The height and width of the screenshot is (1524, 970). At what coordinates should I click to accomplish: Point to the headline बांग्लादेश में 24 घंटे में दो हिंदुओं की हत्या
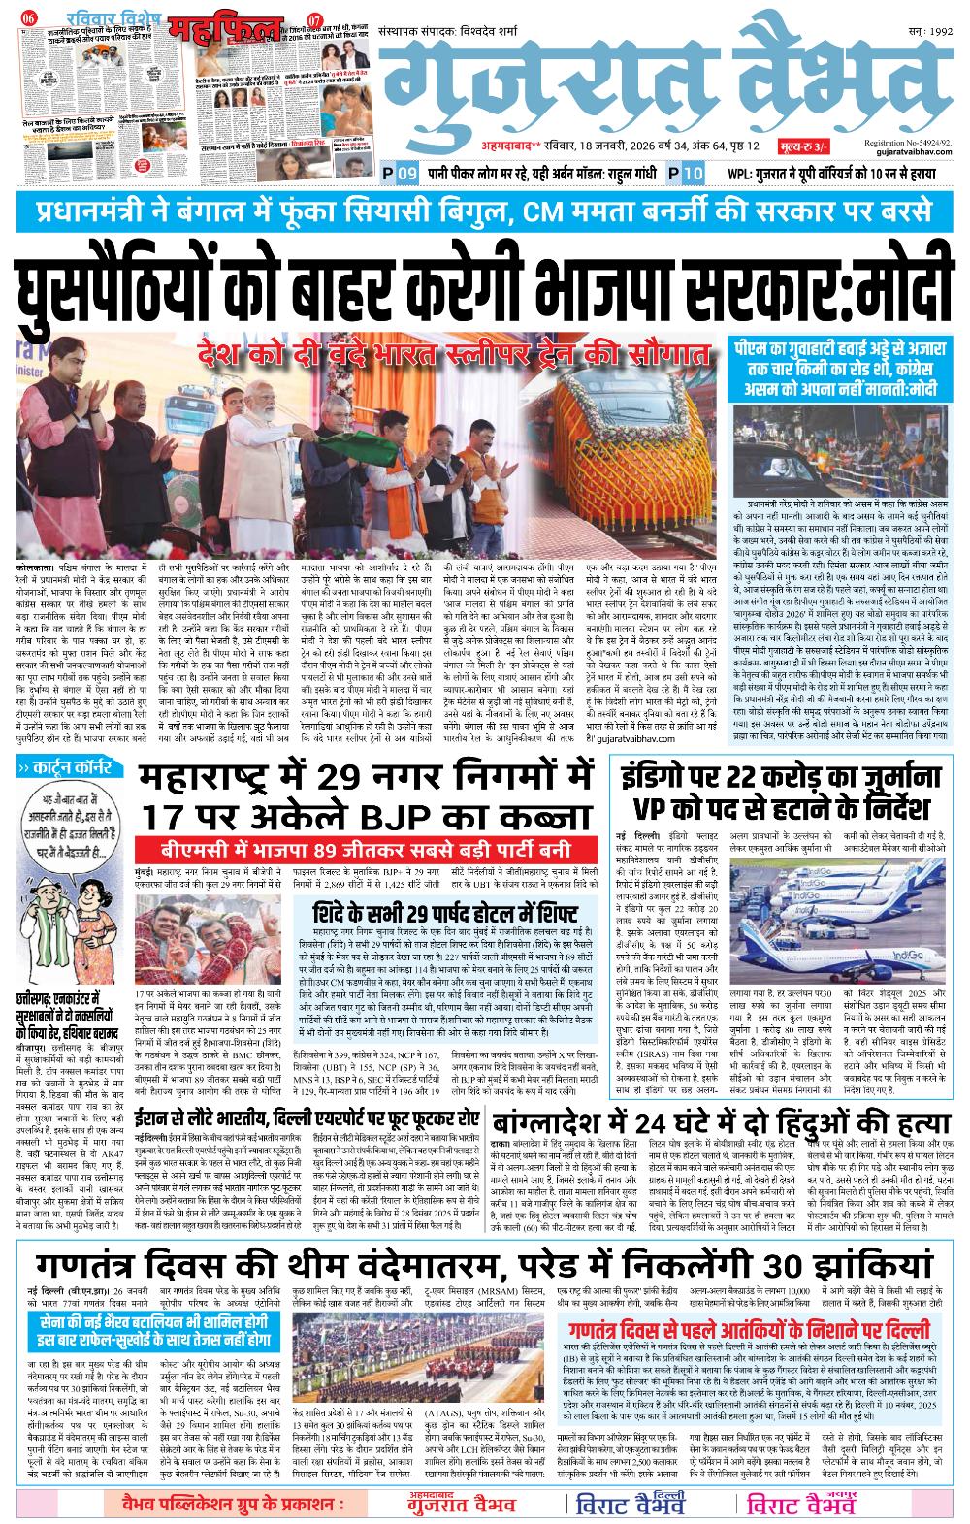click(718, 1123)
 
